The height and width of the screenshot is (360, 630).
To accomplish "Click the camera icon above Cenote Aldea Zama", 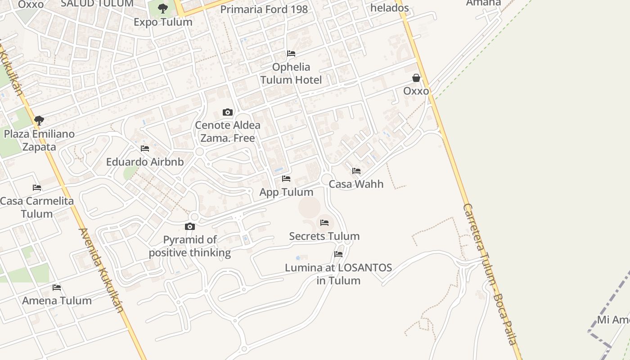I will pyautogui.click(x=228, y=112).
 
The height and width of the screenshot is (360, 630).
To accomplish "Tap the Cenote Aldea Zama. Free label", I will pyautogui.click(x=228, y=131).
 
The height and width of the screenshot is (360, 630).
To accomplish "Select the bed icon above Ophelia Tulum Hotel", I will pyautogui.click(x=291, y=54).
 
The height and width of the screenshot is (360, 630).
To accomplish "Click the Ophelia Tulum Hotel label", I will pyautogui.click(x=291, y=73).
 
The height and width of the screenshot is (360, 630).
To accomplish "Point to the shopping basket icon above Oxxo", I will pyautogui.click(x=416, y=78).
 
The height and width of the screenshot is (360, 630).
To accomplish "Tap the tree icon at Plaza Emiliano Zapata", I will pyautogui.click(x=39, y=120).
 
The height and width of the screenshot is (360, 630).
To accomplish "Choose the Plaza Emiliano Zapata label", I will pyautogui.click(x=39, y=140).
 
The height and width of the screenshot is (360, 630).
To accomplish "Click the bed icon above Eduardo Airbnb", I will pyautogui.click(x=145, y=148).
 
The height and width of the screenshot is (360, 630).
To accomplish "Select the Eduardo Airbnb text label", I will pyautogui.click(x=145, y=162).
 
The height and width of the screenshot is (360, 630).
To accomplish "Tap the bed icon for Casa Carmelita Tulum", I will pyautogui.click(x=37, y=188).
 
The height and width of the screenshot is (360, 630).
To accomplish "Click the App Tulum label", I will pyautogui.click(x=286, y=192).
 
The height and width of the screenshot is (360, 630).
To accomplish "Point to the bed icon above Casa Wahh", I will pyautogui.click(x=356, y=171).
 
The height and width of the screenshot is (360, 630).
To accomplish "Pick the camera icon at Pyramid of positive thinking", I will pyautogui.click(x=190, y=226).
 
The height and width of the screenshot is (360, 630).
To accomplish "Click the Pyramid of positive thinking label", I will pyautogui.click(x=190, y=246).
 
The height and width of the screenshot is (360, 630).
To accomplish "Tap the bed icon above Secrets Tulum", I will pyautogui.click(x=324, y=223).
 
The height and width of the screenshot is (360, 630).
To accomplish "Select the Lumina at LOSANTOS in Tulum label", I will pyautogui.click(x=338, y=274).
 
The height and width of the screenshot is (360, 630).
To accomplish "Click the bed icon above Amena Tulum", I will pyautogui.click(x=57, y=287).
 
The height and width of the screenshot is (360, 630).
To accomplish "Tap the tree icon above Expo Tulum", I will pyautogui.click(x=163, y=8).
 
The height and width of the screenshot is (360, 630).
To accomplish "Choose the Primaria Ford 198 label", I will pyautogui.click(x=264, y=9).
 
